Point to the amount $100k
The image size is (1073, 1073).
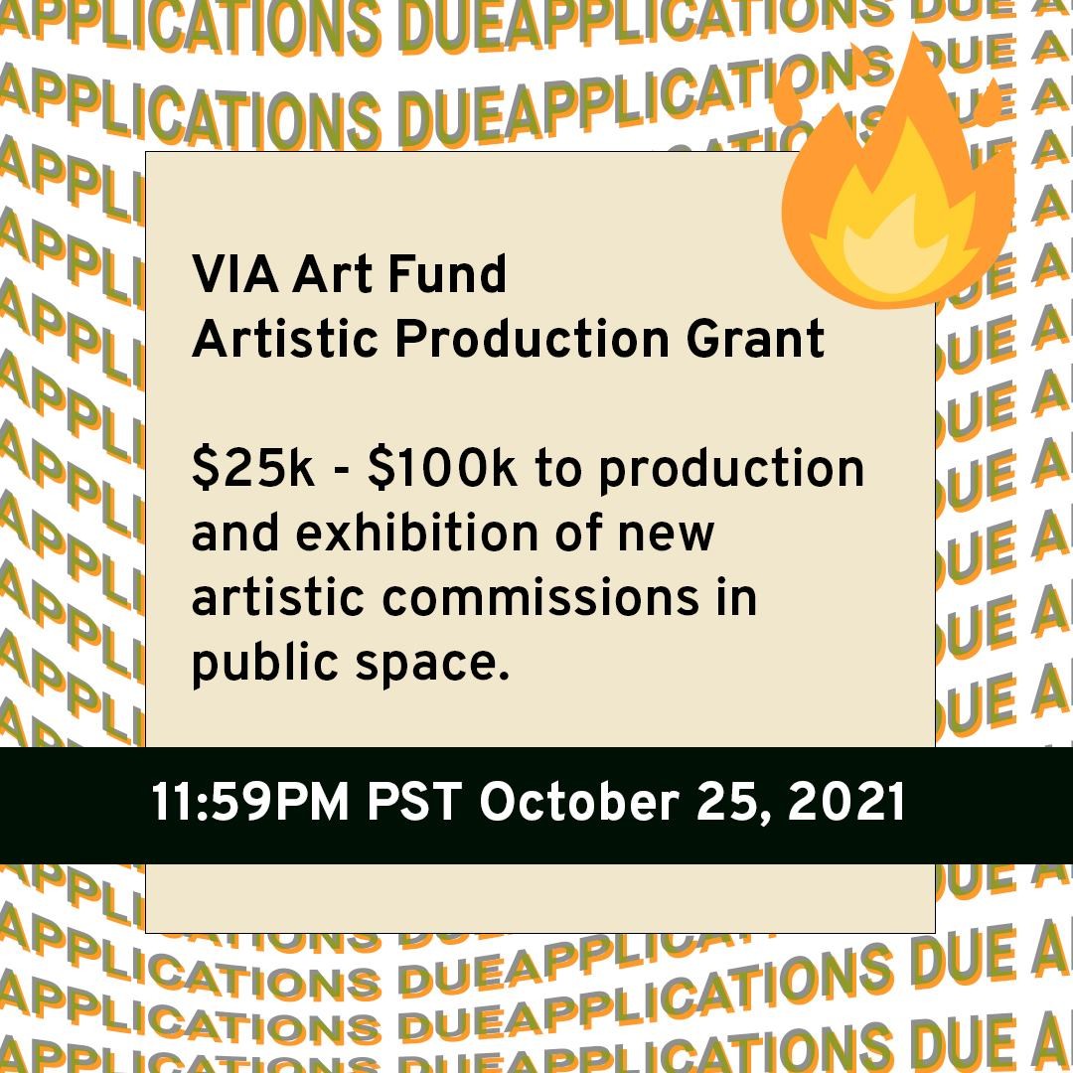[442, 469]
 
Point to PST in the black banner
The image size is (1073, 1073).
[414, 804]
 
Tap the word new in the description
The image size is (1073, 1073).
[674, 534]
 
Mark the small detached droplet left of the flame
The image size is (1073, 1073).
[792, 97]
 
